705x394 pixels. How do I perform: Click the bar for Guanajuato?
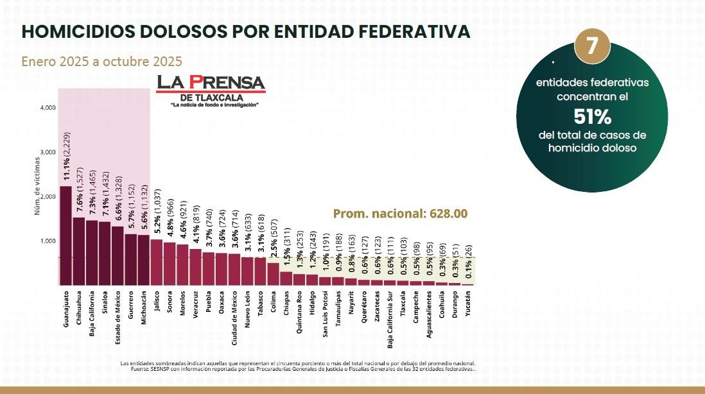point(65,235)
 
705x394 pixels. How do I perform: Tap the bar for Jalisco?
point(157,261)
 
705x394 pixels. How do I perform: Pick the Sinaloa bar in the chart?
point(105,253)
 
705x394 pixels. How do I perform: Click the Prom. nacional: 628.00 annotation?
point(400,214)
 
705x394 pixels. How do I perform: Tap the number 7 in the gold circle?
point(592,46)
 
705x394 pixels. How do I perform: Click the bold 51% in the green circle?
point(592,117)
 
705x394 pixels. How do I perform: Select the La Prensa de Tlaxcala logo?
point(211,90)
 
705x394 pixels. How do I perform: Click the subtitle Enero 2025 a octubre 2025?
point(101,62)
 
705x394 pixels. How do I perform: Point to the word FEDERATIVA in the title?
point(403,31)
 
